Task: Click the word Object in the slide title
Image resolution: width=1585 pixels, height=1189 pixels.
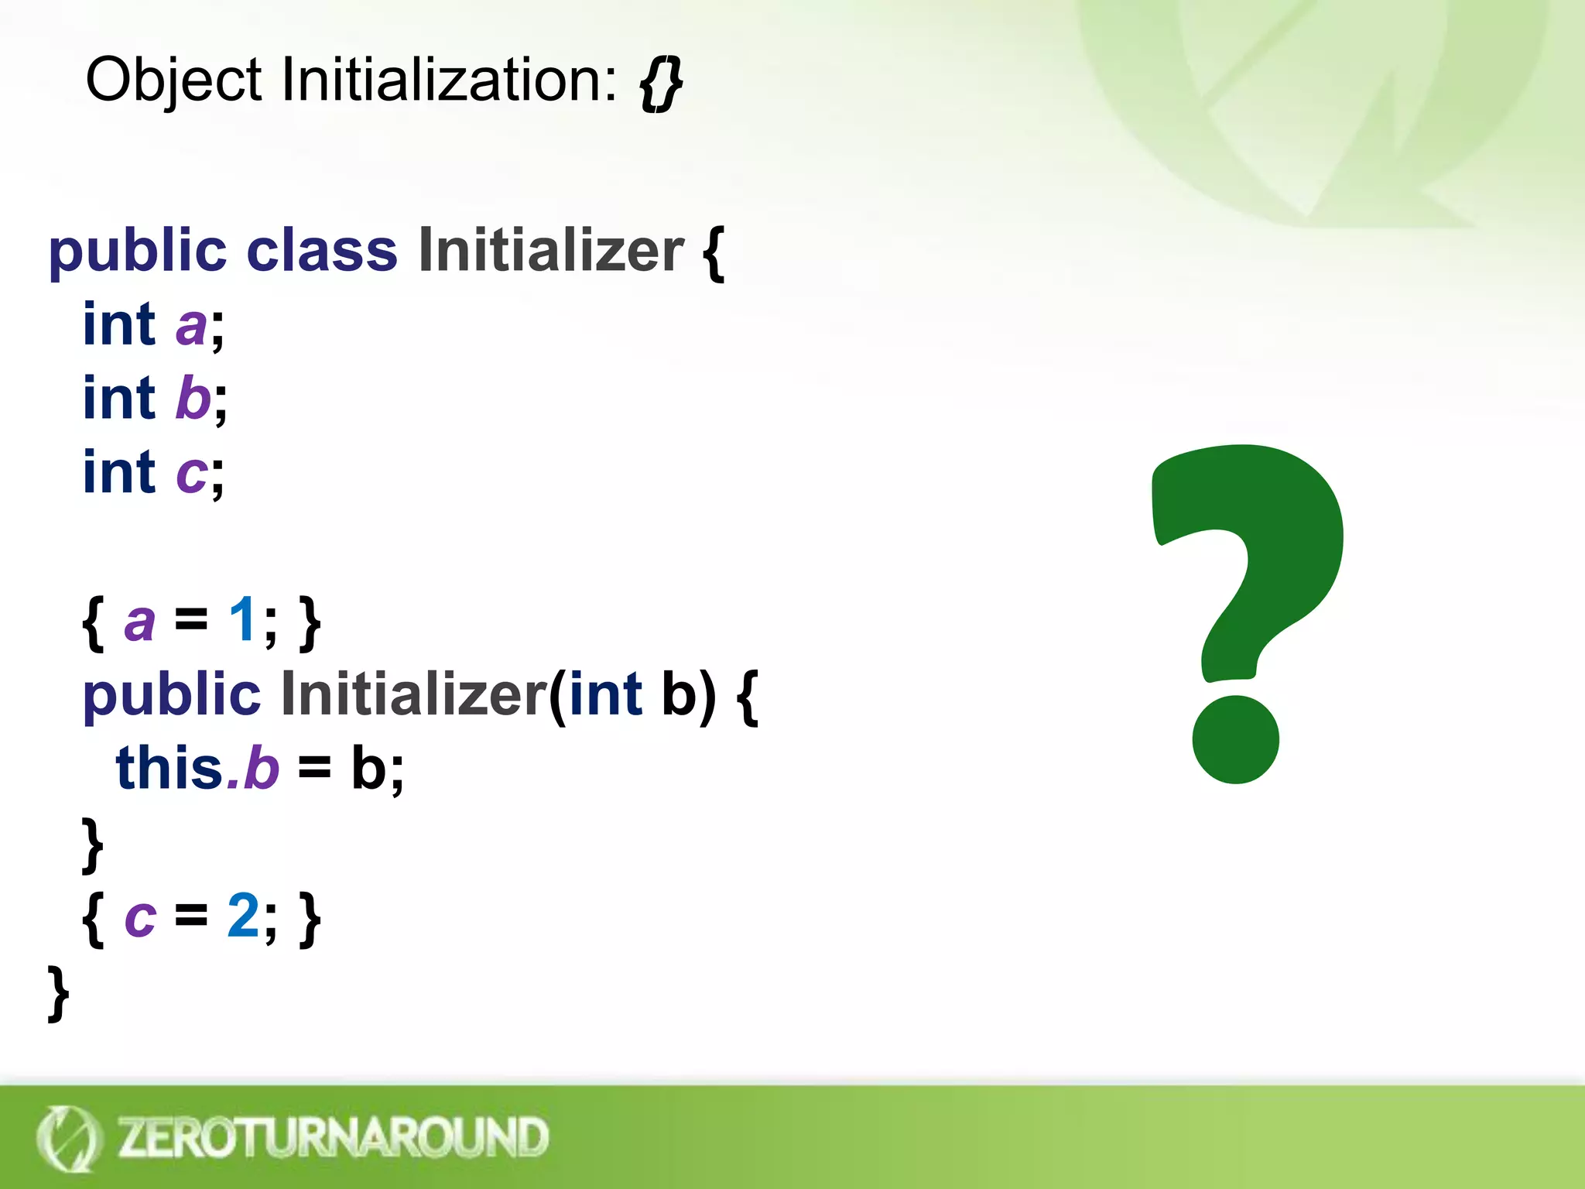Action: [173, 81]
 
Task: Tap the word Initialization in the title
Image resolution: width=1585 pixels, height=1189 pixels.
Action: [449, 81]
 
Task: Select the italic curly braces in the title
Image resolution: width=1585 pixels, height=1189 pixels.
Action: [661, 84]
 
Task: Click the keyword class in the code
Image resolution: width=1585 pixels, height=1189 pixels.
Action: [321, 251]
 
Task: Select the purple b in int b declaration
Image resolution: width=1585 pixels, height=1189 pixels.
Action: [193, 398]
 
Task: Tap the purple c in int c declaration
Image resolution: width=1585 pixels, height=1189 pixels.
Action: [191, 473]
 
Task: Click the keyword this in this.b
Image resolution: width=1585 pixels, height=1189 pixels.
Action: [169, 768]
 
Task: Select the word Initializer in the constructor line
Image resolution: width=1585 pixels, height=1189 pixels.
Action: [413, 694]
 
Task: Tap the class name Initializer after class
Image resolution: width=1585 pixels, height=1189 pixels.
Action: [551, 251]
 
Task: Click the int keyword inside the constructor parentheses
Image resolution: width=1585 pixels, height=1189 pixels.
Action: [605, 694]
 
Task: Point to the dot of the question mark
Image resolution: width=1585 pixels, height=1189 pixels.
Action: [1235, 739]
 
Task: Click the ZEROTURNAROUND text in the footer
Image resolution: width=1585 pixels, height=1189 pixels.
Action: [333, 1138]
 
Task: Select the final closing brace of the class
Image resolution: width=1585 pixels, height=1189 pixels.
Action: [58, 992]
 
